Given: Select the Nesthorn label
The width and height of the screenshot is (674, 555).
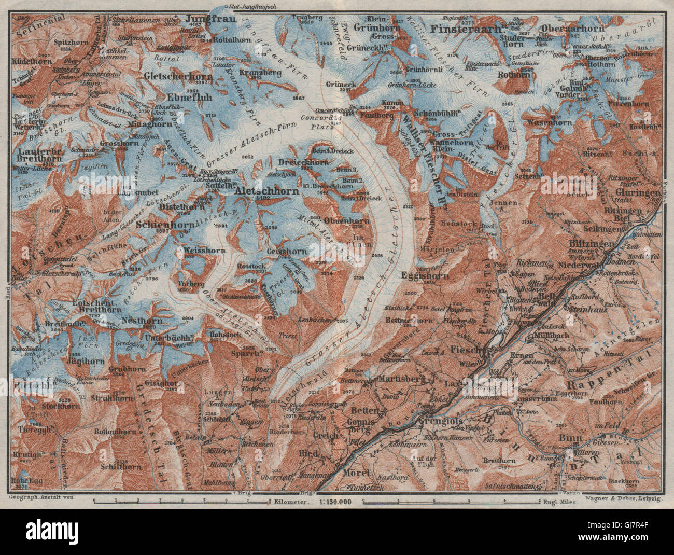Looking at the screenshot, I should tap(138, 321).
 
